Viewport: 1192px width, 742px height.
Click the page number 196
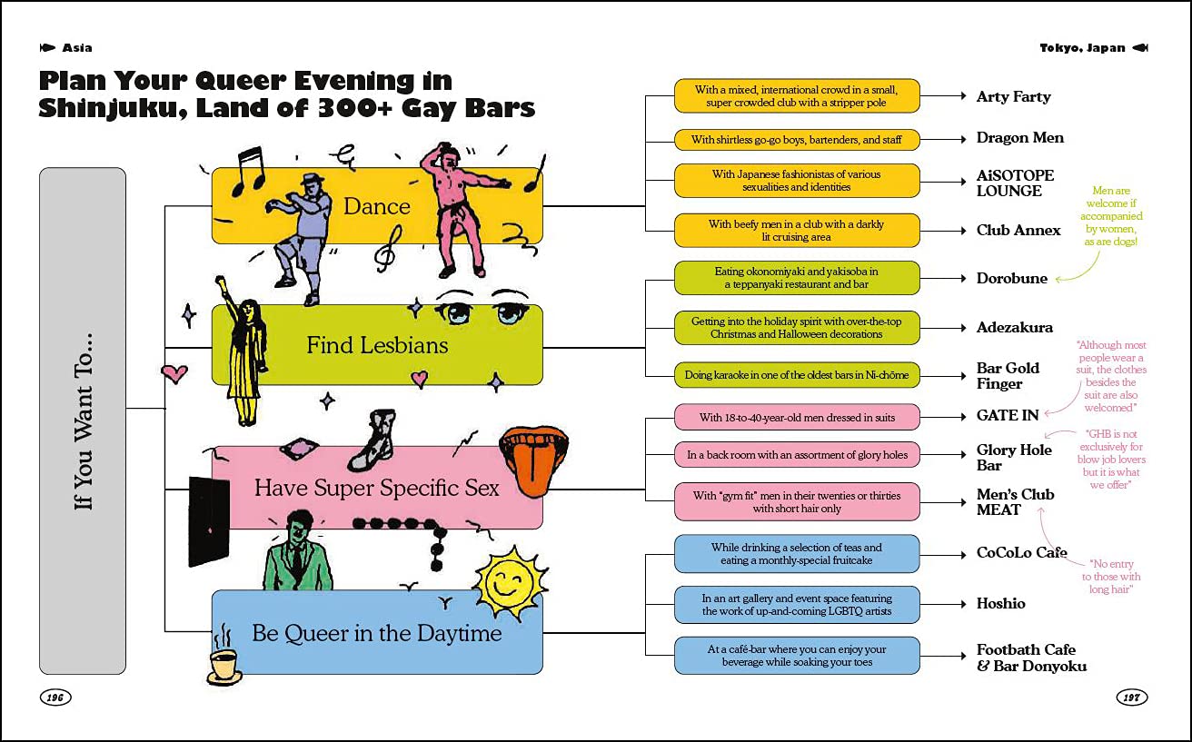55,697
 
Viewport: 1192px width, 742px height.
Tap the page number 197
1131,697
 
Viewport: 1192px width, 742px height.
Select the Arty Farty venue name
1013,97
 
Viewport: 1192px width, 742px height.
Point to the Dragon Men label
1019,138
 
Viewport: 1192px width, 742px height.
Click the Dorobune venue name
1011,278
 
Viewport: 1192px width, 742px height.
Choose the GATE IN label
1008,415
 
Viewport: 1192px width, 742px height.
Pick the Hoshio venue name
1000,604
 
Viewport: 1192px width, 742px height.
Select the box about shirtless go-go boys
797,140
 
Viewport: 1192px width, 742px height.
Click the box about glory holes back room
797,455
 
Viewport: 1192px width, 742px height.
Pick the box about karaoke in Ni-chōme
797,375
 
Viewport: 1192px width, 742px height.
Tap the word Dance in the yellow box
377,206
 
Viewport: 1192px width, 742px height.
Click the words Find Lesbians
377,345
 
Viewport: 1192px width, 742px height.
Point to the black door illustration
209,522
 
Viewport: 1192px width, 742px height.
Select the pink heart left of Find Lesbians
174,373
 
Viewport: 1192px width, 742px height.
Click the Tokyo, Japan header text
1082,48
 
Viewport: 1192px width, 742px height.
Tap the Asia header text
77,48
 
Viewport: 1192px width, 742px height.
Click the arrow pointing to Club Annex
943,231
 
